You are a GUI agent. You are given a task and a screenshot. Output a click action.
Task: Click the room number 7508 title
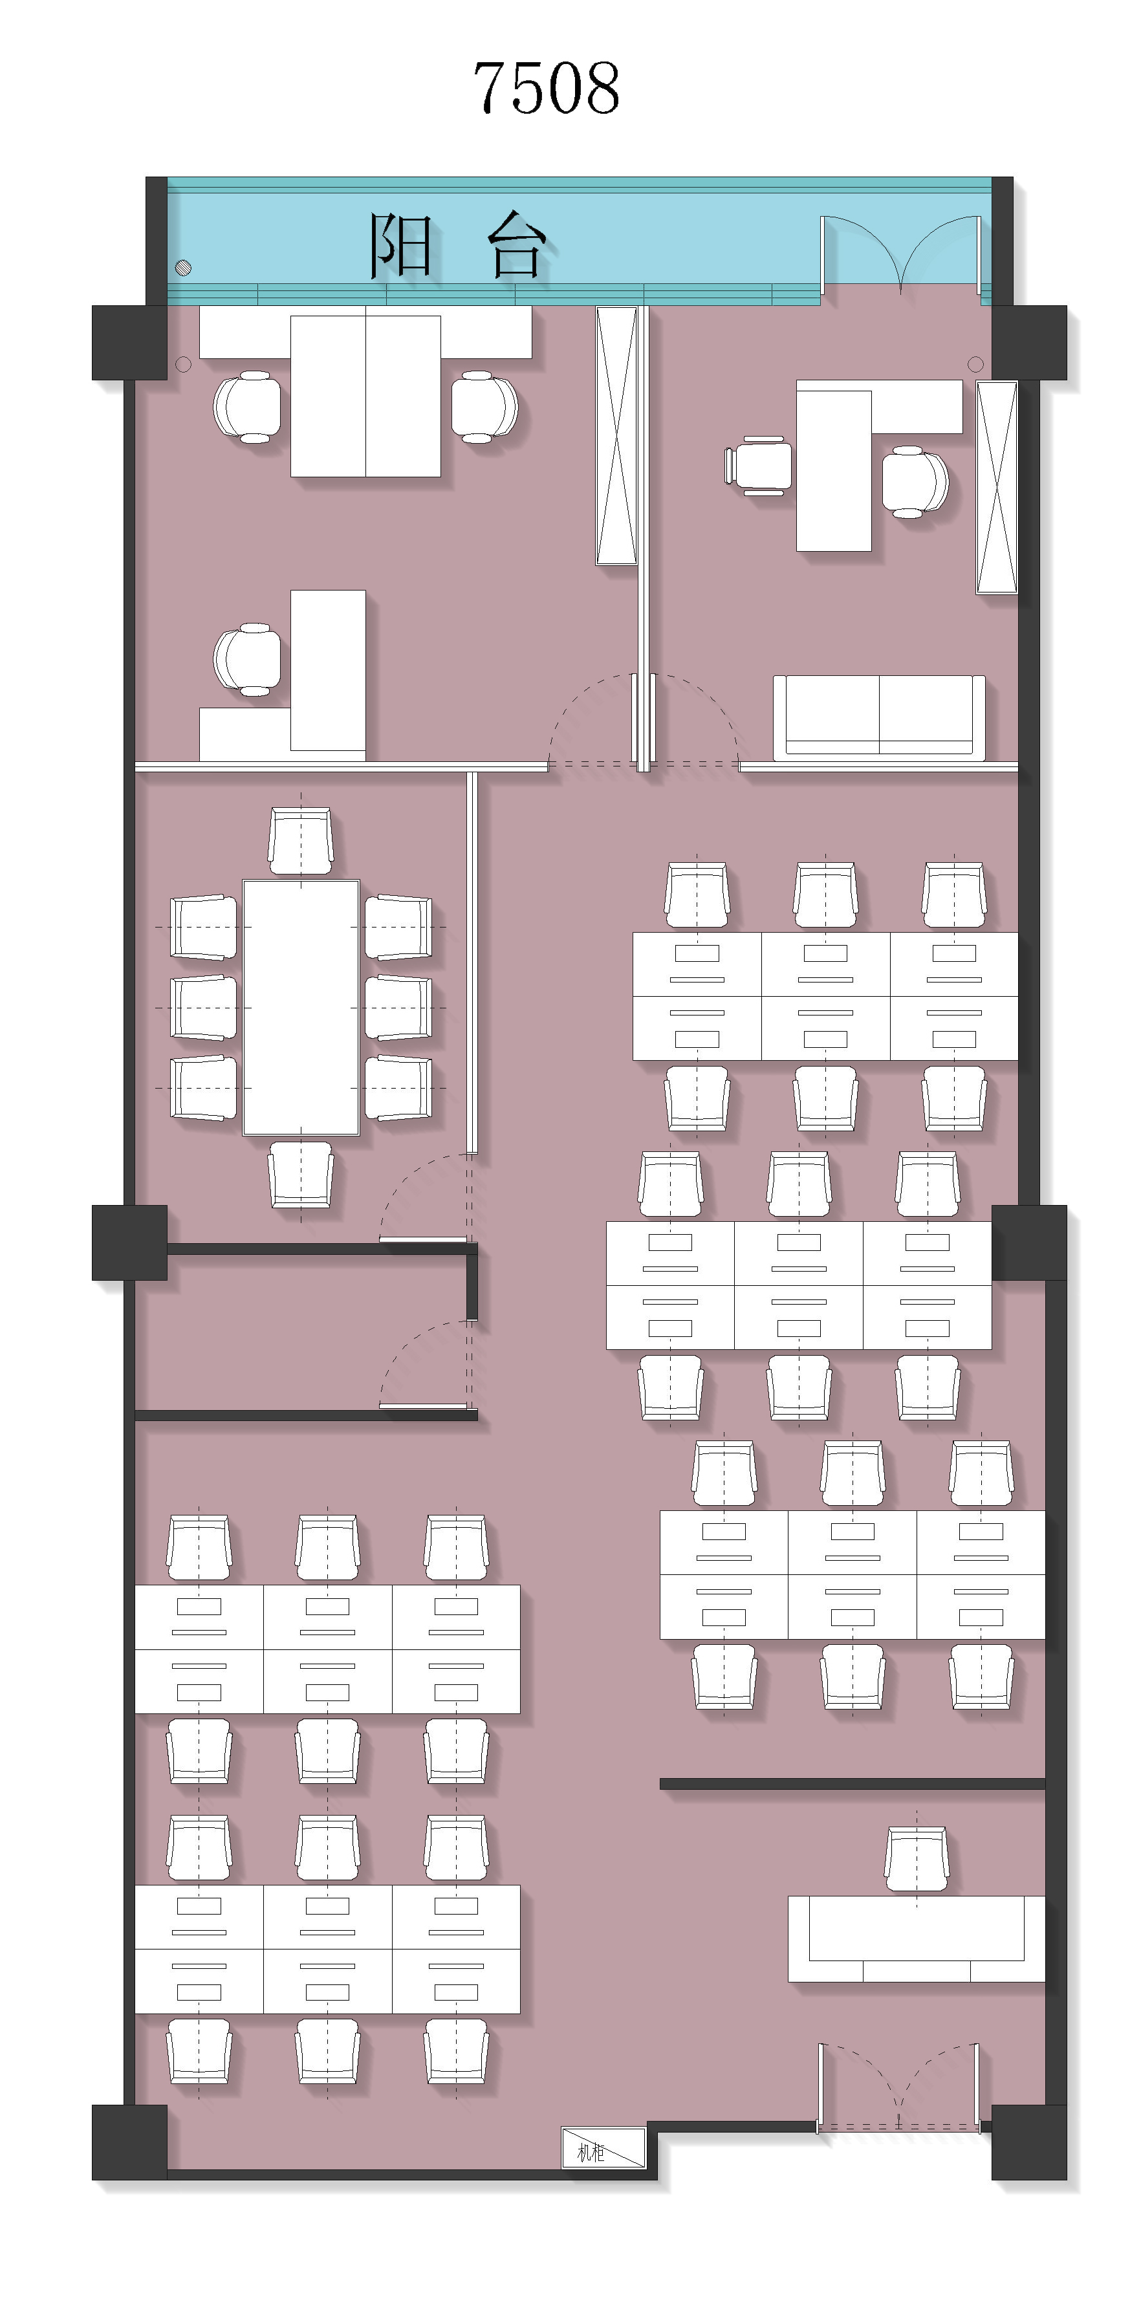coord(546,88)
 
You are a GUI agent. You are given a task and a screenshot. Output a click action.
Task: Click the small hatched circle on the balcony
coord(183,266)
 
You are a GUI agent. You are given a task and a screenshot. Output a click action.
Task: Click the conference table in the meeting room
coord(301,1008)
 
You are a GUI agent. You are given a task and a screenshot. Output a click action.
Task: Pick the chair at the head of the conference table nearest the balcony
coord(301,840)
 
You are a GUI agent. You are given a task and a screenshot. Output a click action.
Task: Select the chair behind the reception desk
coord(917,1860)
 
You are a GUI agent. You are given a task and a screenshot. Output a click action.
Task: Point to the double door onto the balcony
coord(900,254)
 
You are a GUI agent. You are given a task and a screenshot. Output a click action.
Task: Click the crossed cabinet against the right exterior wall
coord(997,488)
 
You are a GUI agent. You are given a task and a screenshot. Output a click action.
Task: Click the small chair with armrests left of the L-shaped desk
coord(759,465)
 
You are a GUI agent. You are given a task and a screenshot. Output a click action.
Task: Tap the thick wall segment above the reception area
coord(852,1784)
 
